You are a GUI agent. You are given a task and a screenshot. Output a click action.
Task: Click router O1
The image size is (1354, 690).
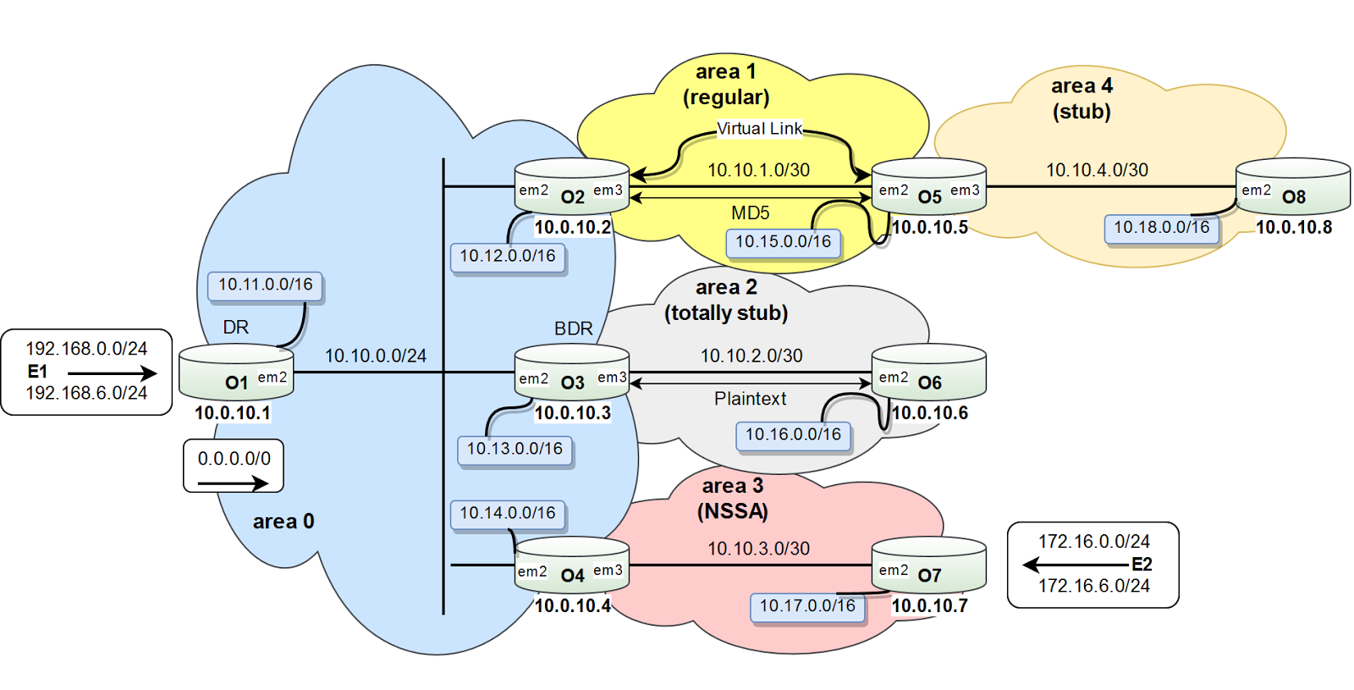236,372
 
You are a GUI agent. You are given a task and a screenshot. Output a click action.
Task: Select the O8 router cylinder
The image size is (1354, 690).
1293,185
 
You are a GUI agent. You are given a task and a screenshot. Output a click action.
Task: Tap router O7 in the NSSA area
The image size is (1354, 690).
928,564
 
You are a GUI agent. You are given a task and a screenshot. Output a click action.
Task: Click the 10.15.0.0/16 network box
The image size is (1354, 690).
783,242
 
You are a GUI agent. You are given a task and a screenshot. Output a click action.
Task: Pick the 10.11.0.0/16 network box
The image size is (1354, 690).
265,284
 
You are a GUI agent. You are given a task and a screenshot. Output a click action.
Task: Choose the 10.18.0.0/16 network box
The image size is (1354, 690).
1161,228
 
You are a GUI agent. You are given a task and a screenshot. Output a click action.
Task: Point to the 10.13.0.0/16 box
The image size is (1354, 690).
515,450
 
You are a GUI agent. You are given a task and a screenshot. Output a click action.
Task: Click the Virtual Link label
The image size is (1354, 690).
759,129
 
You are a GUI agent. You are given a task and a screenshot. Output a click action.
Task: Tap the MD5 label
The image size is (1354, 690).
750,213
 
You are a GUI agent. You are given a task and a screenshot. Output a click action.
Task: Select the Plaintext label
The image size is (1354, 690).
750,399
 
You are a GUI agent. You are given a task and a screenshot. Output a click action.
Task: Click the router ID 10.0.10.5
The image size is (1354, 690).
930,228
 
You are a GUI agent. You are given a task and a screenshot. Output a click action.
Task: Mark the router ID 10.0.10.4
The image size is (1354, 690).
572,605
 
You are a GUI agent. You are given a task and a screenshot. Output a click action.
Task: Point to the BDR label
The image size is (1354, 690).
573,328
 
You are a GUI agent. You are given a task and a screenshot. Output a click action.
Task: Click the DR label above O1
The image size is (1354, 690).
236,327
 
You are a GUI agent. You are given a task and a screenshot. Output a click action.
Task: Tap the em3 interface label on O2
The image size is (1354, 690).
608,190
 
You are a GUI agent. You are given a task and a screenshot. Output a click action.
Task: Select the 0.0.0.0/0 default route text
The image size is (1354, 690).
234,458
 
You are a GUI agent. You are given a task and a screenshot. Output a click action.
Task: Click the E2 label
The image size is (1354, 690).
1142,564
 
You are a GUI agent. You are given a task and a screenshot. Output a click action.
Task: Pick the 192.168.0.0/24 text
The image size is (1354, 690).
86,348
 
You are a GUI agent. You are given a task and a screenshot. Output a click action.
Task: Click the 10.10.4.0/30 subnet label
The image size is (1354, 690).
1097,170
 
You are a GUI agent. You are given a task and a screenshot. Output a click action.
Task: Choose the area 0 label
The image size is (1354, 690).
283,522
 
